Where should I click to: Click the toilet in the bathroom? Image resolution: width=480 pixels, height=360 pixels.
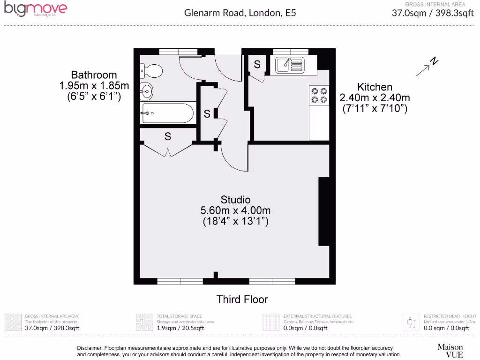pyautogui.click(x=152, y=72)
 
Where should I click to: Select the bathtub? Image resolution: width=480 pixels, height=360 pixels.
pyautogui.click(x=167, y=113)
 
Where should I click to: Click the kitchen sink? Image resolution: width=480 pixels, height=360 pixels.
pyautogui.click(x=290, y=65)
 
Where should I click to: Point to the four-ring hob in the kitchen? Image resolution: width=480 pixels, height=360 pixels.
pyautogui.click(x=319, y=95)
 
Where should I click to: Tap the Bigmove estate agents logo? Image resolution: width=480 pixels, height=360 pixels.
pyautogui.click(x=35, y=9)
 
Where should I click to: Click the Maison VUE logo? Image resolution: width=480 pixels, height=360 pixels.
pyautogui.click(x=450, y=350)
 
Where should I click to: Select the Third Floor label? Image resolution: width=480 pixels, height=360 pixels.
pyautogui.click(x=242, y=299)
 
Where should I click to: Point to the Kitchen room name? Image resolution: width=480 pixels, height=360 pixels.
pyautogui.click(x=375, y=87)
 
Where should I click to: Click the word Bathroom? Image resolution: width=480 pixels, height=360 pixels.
pyautogui.click(x=94, y=75)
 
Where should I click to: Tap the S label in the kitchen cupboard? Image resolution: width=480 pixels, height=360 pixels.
pyautogui.click(x=257, y=65)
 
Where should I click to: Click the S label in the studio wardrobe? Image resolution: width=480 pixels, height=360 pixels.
pyautogui.click(x=167, y=136)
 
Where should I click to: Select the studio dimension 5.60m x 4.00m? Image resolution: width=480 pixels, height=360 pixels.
pyautogui.click(x=236, y=210)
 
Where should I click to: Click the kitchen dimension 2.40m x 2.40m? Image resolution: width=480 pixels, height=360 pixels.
pyautogui.click(x=375, y=97)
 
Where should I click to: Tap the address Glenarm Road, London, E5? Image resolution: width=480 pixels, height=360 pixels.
pyautogui.click(x=240, y=13)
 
